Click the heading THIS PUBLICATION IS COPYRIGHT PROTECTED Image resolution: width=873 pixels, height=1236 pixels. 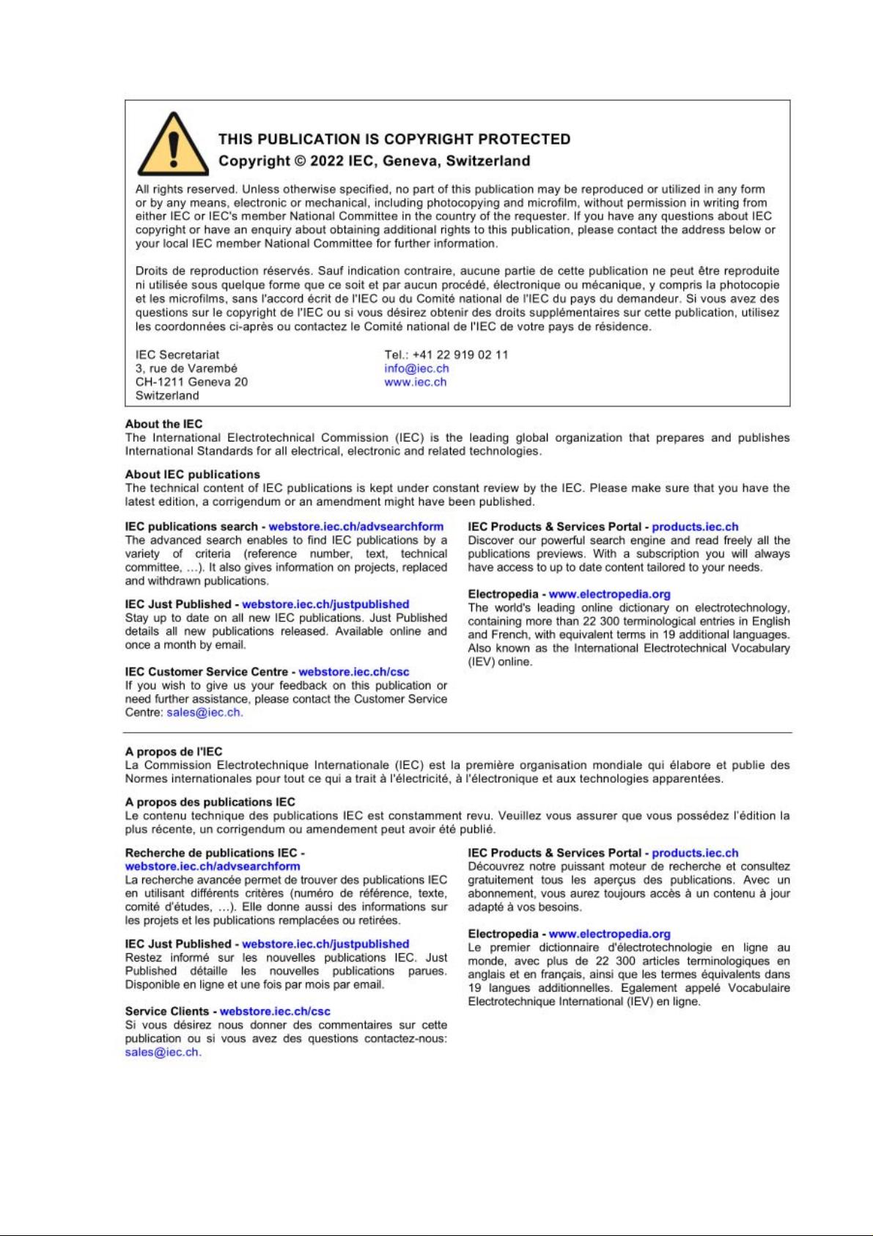click(x=394, y=139)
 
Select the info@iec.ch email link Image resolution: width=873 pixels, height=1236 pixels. click(x=416, y=368)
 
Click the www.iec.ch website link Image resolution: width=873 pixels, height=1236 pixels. click(x=415, y=382)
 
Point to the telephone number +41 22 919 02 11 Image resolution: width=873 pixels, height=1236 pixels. click(x=460, y=355)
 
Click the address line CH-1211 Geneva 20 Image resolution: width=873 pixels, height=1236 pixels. click(x=191, y=382)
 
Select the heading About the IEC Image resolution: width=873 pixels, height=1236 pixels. click(x=163, y=424)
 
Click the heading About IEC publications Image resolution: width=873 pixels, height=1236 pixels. click(x=192, y=475)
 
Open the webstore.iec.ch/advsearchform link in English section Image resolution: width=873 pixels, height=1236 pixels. click(x=356, y=527)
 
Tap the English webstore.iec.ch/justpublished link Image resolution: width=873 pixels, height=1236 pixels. click(x=325, y=604)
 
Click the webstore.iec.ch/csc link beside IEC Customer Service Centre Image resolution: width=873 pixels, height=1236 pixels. click(x=353, y=672)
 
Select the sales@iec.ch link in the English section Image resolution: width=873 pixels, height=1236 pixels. click(x=204, y=712)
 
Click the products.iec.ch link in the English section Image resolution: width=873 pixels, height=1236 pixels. click(x=695, y=527)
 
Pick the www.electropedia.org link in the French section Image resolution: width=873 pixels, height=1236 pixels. click(x=609, y=934)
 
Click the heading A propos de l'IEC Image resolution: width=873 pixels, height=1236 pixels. click(x=173, y=751)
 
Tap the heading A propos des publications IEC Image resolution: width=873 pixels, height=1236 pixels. click(x=210, y=802)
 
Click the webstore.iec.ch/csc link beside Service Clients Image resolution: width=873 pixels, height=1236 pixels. click(x=275, y=1012)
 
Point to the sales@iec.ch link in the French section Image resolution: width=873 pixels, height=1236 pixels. click(x=162, y=1052)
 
